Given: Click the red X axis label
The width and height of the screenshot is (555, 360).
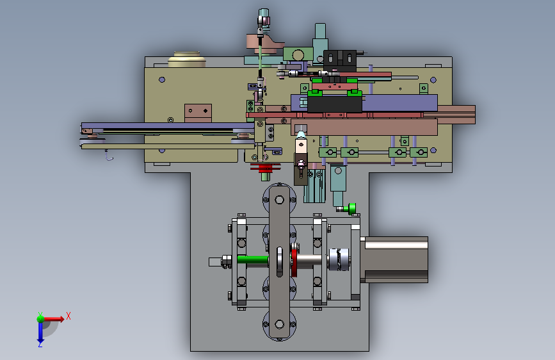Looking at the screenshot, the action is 68,316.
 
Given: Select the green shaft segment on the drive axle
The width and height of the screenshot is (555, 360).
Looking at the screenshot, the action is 252,260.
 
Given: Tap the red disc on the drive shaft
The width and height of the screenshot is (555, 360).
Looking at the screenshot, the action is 294,263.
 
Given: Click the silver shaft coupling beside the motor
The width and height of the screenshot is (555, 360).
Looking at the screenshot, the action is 339,259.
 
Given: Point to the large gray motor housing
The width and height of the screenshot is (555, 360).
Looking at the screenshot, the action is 394,259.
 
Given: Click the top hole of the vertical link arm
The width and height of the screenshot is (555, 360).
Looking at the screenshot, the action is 279,200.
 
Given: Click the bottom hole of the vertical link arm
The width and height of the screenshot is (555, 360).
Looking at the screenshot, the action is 279,324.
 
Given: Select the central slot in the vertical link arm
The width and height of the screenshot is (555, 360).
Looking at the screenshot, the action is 280,262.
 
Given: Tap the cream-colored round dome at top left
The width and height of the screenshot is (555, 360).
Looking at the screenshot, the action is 187,59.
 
